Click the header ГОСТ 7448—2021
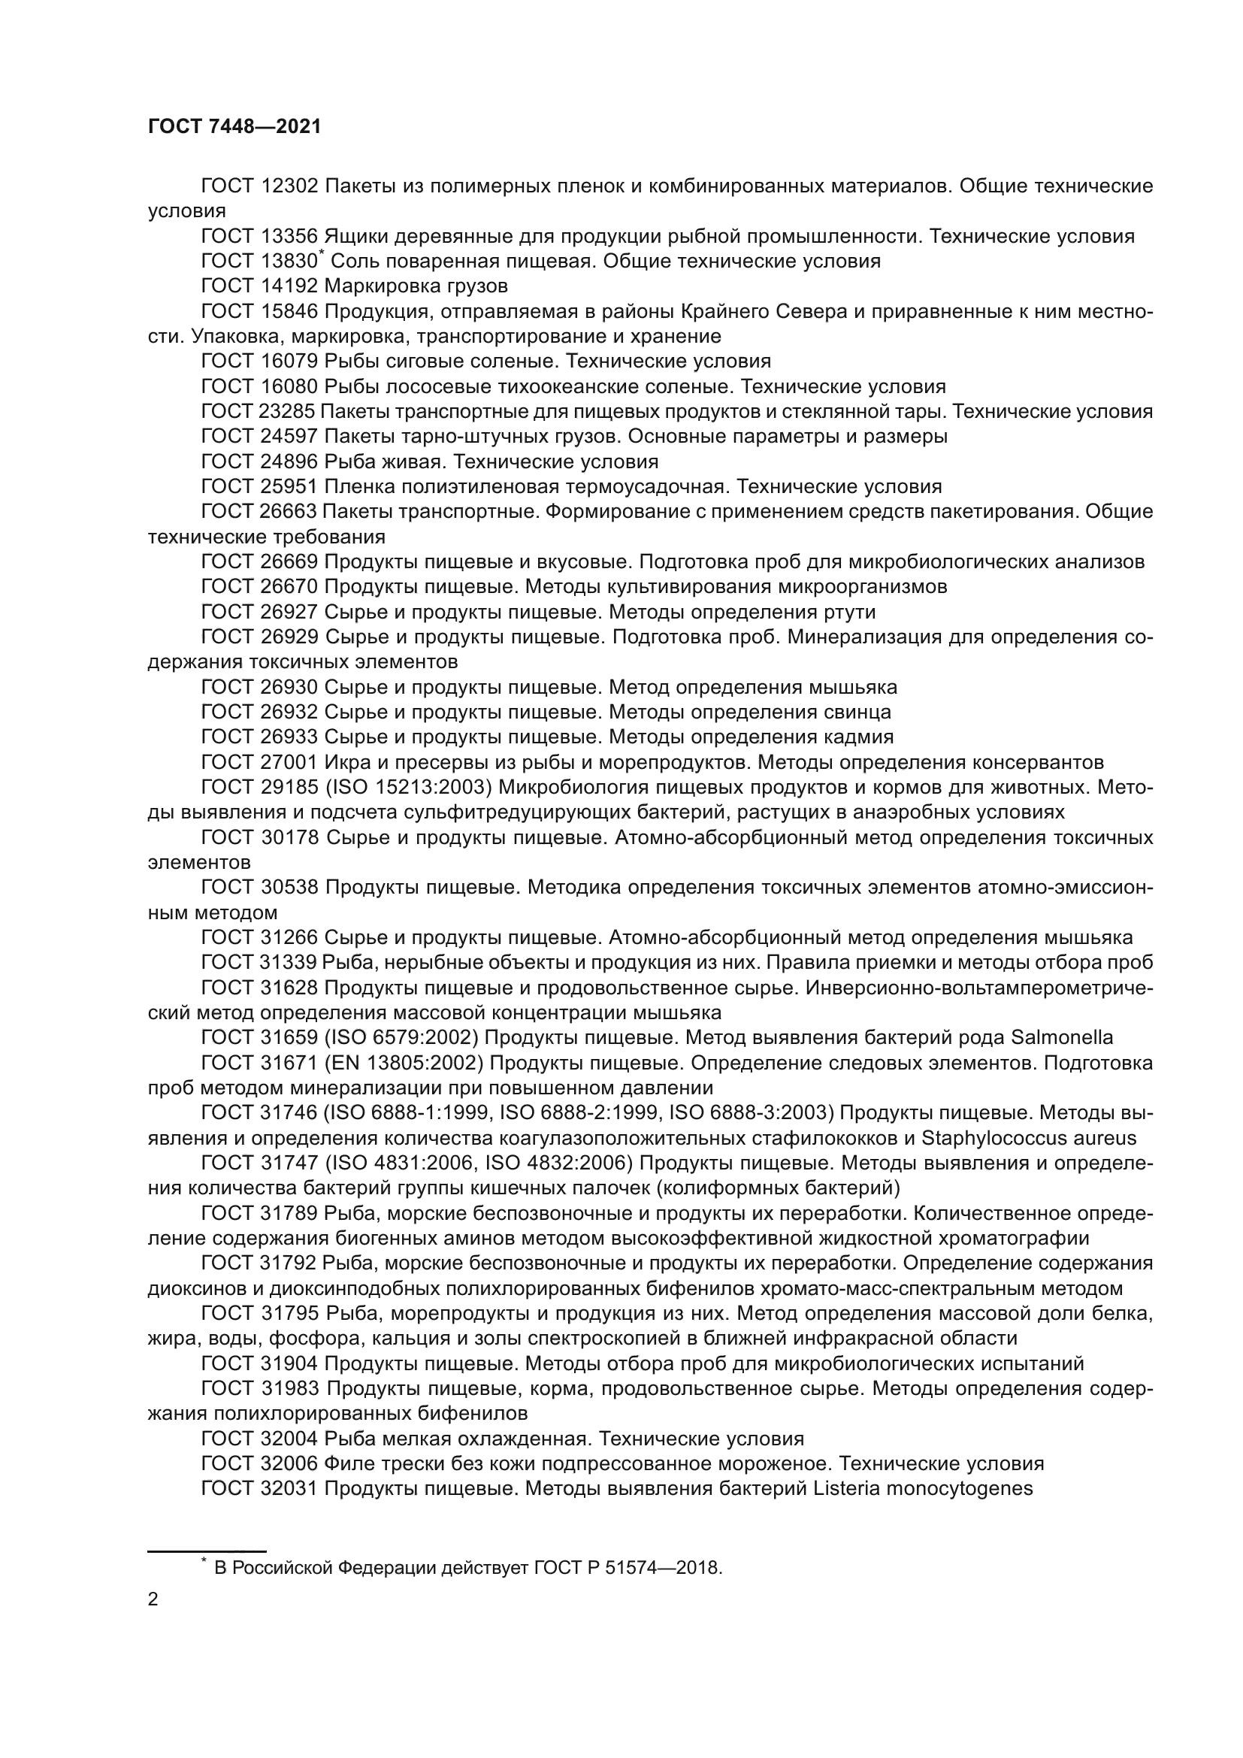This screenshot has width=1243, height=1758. pyautogui.click(x=234, y=127)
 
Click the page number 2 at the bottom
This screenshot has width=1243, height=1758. pyautogui.click(x=153, y=1599)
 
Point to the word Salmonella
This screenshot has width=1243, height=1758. pyautogui.click(x=1062, y=1038)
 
